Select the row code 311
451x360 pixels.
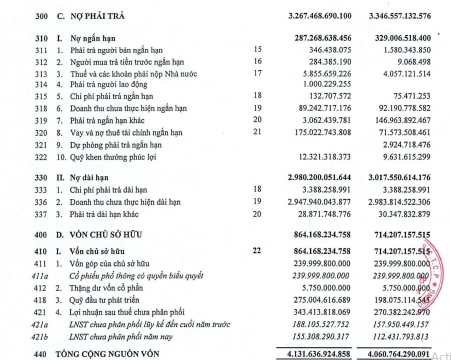(x=41, y=50)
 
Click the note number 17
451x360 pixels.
(x=257, y=73)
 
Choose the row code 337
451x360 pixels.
(x=41, y=214)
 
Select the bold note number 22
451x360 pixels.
(x=257, y=250)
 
